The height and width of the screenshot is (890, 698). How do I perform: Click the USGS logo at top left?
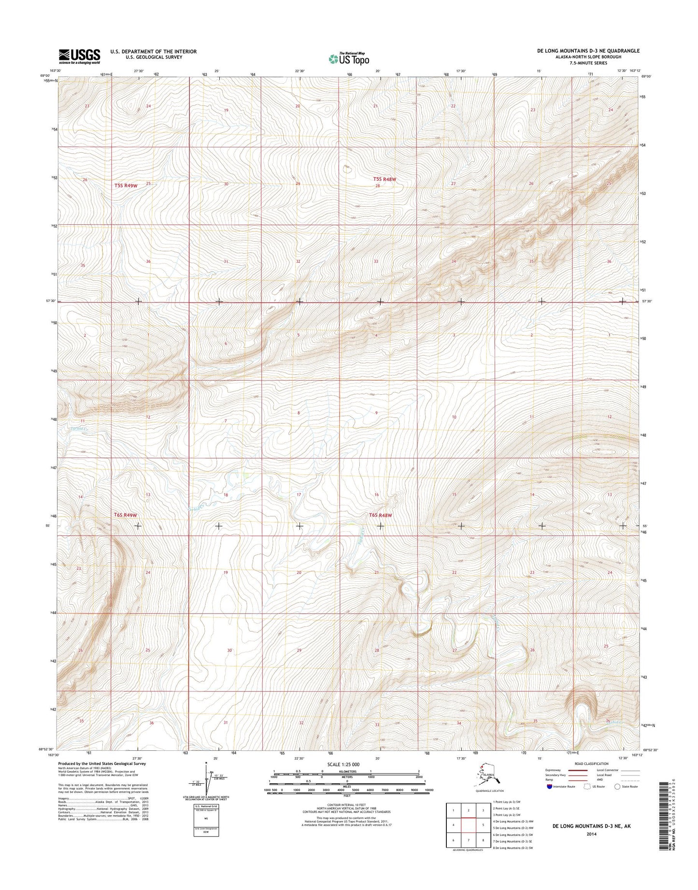point(79,56)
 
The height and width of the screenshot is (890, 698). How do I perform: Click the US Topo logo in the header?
point(349,58)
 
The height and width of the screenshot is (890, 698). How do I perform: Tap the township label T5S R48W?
point(385,179)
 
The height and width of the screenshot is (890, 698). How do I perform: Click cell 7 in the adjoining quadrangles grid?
point(469,840)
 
